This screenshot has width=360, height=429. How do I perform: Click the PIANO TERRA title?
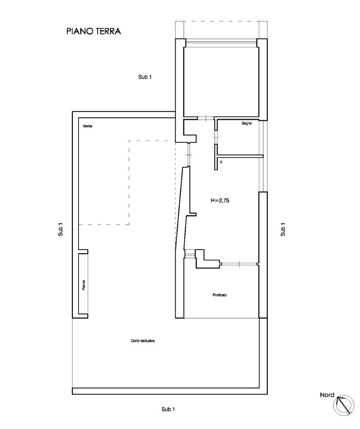tap(94, 32)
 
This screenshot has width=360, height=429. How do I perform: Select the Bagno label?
tap(247, 123)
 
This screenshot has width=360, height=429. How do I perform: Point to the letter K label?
tap(221, 161)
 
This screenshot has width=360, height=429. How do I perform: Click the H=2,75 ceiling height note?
tap(220, 201)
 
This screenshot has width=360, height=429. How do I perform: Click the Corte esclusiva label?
tap(143, 341)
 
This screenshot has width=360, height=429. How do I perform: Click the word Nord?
tap(327, 395)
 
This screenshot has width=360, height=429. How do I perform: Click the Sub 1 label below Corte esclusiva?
tap(168, 409)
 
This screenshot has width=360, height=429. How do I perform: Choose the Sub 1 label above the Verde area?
tap(145, 77)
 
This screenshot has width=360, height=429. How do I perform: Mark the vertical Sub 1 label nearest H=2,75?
tap(283, 230)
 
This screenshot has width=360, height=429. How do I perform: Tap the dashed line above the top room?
tap(220, 22)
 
